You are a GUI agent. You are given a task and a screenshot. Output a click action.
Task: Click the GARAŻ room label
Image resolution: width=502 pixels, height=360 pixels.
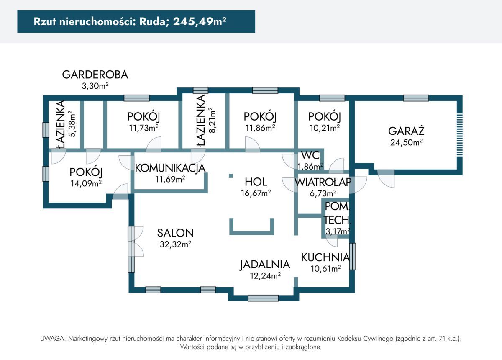406,130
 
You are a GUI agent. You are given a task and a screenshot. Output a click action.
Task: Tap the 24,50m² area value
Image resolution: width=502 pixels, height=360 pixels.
406,142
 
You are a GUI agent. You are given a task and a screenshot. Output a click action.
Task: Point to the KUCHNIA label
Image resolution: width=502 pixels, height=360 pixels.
325,257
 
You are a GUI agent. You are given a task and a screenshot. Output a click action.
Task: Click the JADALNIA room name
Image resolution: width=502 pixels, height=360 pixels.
264,265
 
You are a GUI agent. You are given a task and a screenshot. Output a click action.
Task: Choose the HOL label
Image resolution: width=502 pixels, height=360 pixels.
256,182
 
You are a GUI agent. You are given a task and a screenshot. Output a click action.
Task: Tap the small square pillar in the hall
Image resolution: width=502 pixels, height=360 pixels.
231,176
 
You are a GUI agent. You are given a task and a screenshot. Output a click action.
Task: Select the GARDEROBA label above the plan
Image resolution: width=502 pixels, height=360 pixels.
95,75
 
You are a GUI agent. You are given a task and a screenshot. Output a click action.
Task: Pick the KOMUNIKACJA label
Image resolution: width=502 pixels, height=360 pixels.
170,168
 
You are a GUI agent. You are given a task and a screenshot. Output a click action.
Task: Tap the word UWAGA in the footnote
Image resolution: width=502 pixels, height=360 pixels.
52,338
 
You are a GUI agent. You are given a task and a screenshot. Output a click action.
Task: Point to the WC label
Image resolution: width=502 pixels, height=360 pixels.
310,155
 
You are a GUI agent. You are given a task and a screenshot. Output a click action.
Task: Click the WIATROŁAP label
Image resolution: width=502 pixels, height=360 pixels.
322,182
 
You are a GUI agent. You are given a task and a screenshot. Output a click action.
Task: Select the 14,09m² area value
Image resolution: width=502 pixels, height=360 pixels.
86,183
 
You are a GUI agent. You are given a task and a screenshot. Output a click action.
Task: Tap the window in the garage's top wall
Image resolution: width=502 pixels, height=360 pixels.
416,98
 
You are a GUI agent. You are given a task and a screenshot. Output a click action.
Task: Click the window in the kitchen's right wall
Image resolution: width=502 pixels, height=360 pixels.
353,256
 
